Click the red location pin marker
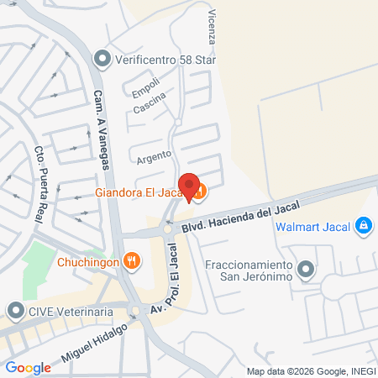190,186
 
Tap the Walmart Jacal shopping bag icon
364,225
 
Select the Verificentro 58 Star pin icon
102,58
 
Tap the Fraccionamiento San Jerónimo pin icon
306,270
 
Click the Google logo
28,367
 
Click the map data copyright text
310,371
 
